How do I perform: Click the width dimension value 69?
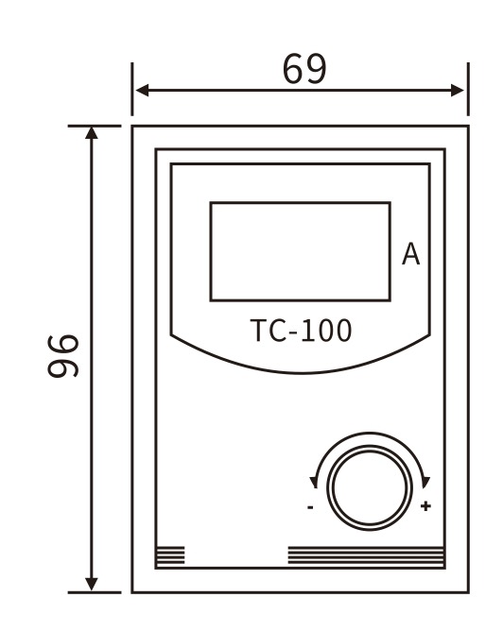point(304,68)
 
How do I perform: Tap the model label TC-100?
point(301,331)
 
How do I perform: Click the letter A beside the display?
point(411,254)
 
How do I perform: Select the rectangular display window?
point(300,251)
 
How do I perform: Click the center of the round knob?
point(369,486)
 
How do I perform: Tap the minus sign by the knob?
point(310,507)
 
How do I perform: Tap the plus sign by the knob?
point(425,507)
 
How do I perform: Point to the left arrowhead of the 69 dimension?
point(140,91)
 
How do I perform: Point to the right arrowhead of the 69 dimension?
point(460,91)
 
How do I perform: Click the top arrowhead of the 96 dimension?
point(92,131)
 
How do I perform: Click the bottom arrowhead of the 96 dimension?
point(92,585)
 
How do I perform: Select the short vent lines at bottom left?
point(170,555)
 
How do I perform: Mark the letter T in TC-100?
point(257,331)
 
